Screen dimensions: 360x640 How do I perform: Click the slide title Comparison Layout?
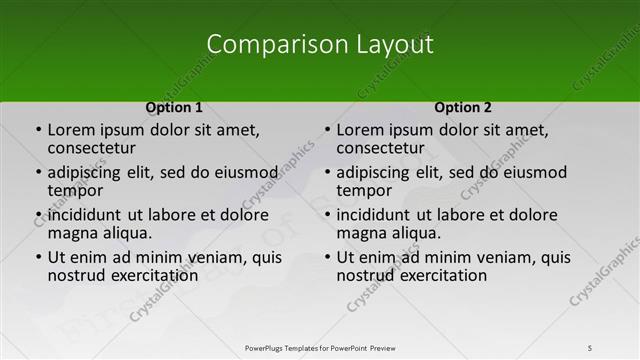coord(320,44)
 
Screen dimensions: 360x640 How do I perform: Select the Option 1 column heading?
coord(174,107)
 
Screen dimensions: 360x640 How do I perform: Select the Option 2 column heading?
coord(463,107)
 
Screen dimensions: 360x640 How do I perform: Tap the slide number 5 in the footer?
coord(590,347)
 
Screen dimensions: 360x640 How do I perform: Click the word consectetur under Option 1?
coord(91,149)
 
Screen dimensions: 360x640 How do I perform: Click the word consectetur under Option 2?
coord(380,149)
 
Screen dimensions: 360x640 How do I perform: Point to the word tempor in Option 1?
coord(75,191)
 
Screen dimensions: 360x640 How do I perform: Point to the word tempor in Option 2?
coord(364,191)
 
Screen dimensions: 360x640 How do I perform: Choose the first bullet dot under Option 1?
coord(38,130)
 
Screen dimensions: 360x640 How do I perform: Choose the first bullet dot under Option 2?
coord(327,130)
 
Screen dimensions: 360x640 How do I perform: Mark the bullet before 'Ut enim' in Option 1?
coord(38,257)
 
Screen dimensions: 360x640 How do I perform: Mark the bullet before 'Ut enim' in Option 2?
coord(327,257)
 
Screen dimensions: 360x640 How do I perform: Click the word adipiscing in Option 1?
coord(89,172)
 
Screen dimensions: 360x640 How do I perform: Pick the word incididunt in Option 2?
coord(378,215)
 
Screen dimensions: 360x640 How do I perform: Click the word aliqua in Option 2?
coord(415,233)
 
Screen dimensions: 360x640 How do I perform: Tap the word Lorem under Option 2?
coord(360,130)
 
